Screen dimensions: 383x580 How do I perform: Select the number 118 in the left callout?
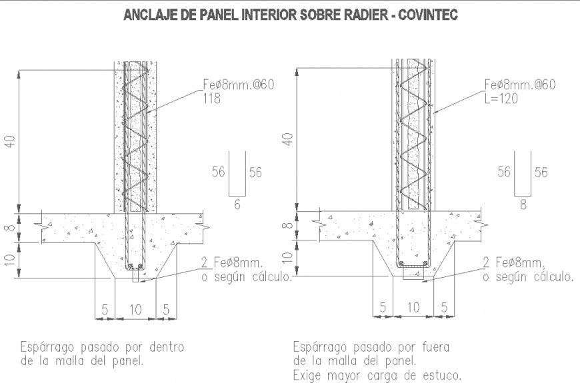click(213, 98)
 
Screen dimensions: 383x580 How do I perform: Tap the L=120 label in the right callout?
click(501, 97)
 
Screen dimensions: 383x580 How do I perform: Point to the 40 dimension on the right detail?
click(287, 140)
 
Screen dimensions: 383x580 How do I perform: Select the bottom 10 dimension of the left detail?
click(135, 310)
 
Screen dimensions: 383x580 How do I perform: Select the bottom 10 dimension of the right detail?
click(413, 308)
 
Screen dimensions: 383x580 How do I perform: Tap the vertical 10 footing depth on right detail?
click(287, 257)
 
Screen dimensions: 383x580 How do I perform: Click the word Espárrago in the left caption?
click(48, 348)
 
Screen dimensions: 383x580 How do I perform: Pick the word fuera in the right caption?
click(435, 347)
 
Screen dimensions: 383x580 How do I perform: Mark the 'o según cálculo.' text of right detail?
click(527, 276)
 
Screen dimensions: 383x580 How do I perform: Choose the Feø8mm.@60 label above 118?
click(239, 85)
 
